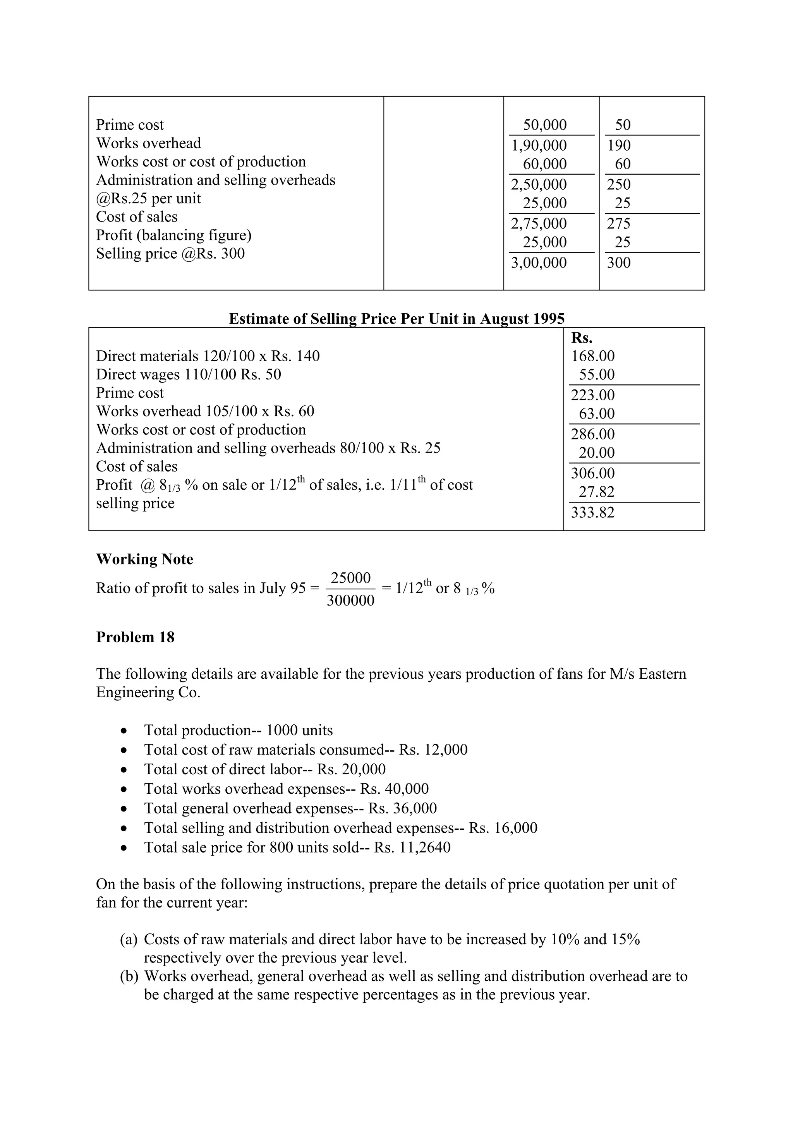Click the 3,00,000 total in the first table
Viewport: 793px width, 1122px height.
point(539,263)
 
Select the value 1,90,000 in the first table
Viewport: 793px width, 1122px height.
point(539,146)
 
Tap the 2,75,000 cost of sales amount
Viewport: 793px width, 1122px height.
point(539,224)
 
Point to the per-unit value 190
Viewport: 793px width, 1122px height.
point(619,146)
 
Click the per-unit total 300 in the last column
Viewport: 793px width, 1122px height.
point(619,263)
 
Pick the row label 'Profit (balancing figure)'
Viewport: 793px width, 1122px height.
point(173,235)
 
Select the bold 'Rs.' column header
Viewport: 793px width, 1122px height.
point(582,338)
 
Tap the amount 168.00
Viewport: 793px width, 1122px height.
point(593,356)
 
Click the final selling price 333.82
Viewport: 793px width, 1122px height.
point(593,513)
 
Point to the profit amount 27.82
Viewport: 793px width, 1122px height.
point(597,492)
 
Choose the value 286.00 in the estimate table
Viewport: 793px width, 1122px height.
point(593,434)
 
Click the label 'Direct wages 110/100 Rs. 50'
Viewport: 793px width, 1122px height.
point(188,375)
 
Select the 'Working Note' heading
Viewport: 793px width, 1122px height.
point(145,559)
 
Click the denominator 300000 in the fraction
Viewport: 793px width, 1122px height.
point(350,600)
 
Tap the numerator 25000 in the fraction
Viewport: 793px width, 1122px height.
point(350,578)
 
